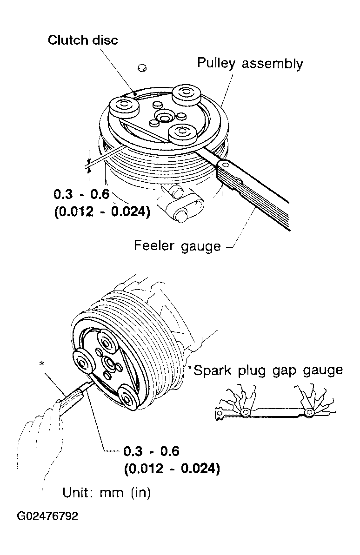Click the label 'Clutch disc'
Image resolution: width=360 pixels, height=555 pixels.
point(83,40)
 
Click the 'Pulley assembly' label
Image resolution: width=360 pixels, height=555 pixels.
point(250,64)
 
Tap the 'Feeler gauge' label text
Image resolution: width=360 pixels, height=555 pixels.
point(177,245)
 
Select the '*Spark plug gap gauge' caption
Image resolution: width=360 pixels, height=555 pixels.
point(266,370)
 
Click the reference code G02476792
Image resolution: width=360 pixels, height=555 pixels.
point(47,515)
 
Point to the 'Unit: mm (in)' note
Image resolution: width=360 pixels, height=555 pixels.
point(107,492)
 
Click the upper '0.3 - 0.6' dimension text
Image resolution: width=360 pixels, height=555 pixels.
point(81,194)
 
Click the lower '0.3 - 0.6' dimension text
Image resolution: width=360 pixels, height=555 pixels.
point(151,451)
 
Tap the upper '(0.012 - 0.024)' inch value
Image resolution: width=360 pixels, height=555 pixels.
point(102,211)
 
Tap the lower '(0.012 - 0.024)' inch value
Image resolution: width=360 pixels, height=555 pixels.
point(172,469)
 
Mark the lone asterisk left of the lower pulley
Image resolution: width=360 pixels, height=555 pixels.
point(42,363)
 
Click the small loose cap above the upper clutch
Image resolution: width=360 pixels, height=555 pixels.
point(142,67)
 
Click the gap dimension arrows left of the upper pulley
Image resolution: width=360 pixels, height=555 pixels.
point(89,161)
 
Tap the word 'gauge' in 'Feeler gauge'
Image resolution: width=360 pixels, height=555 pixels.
point(200,247)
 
